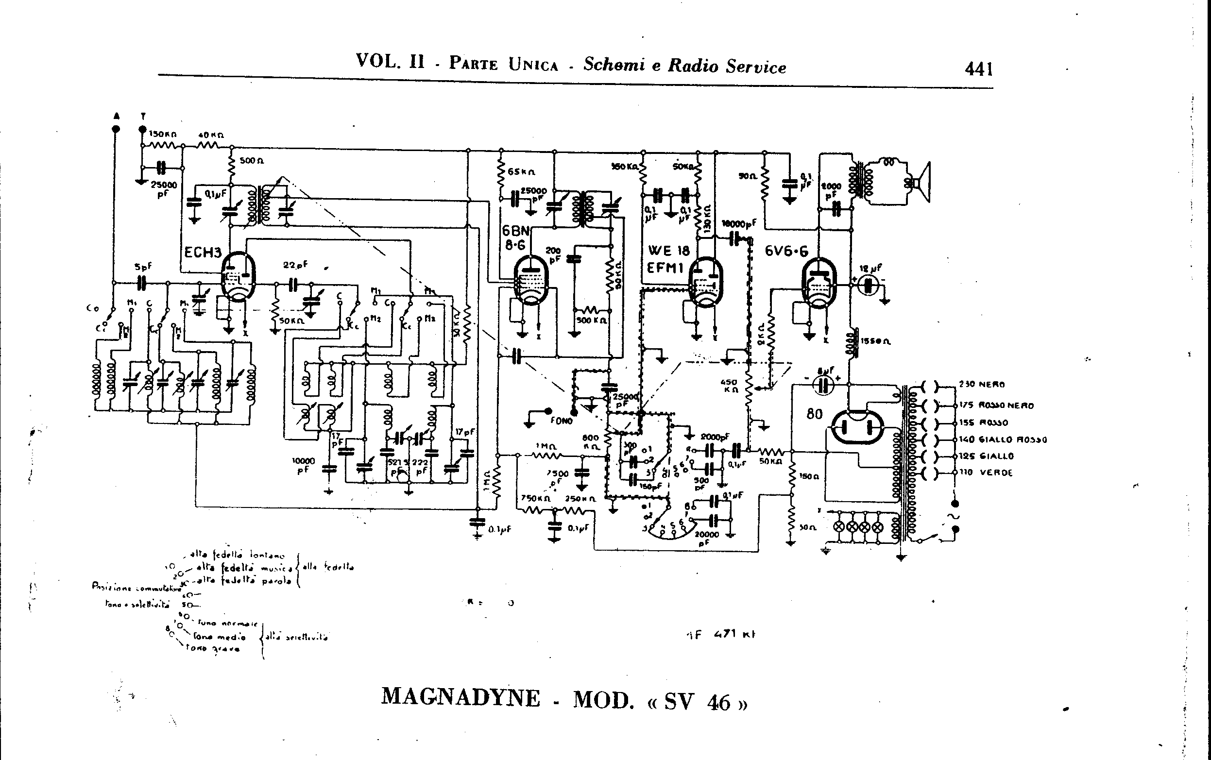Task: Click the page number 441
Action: coord(979,68)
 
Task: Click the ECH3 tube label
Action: coord(203,253)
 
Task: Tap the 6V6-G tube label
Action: coord(787,251)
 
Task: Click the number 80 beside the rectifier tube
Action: coord(814,414)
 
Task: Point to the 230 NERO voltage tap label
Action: coord(981,385)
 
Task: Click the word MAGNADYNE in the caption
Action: coord(461,698)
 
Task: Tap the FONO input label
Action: coord(562,421)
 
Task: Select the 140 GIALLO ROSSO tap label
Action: coord(1003,439)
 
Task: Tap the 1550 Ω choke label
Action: coord(875,341)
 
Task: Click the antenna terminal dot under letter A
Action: coord(116,129)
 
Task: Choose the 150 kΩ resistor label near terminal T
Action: coord(162,135)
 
